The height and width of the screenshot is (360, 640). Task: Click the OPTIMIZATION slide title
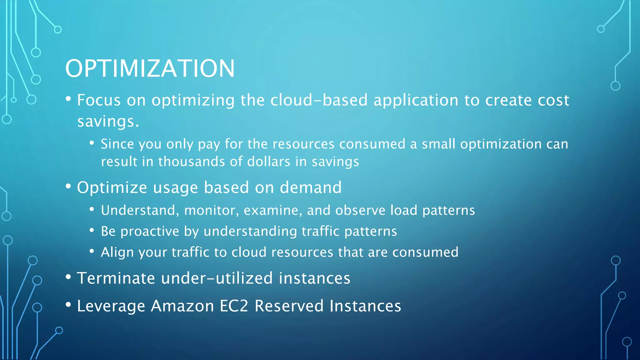point(150,68)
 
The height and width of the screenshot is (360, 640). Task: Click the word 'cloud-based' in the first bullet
point(319,100)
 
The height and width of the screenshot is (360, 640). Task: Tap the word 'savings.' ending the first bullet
point(108,121)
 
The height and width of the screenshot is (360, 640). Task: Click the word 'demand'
point(310,187)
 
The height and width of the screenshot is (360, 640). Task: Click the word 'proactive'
point(150,232)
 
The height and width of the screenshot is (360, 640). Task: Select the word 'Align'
point(117,252)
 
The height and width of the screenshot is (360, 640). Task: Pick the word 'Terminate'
point(116,278)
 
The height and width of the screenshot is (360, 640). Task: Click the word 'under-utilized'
point(217,278)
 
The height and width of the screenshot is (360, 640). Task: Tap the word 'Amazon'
point(182,306)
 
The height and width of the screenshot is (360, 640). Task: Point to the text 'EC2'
point(234,306)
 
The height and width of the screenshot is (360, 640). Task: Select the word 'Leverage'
point(111,306)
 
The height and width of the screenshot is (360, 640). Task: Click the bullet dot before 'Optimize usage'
point(68,186)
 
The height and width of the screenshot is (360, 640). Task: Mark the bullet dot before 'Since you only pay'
point(92,143)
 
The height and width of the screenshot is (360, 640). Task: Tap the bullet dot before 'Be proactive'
point(92,230)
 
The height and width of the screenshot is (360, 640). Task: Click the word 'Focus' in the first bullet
point(99,100)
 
